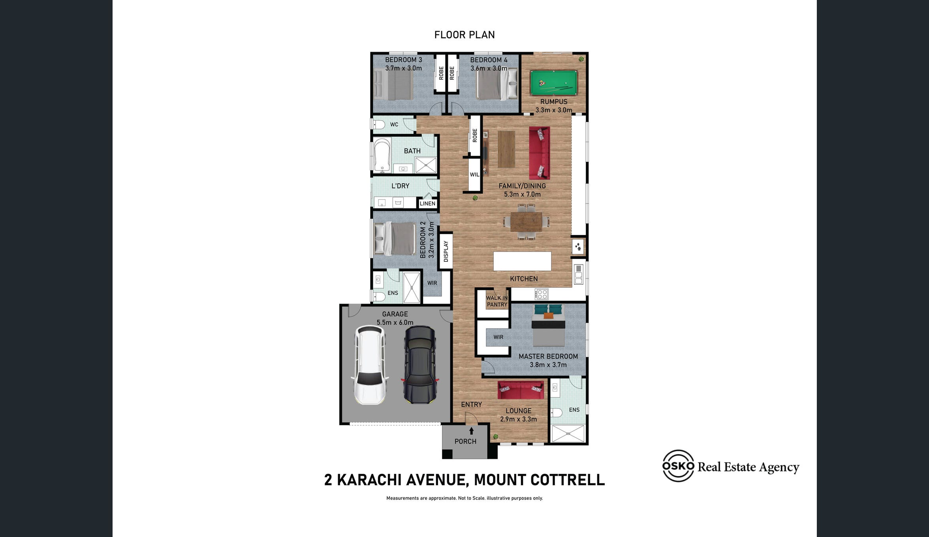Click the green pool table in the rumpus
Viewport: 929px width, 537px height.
click(x=553, y=83)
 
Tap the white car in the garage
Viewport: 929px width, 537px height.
click(x=370, y=365)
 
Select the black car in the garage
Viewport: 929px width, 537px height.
click(x=419, y=365)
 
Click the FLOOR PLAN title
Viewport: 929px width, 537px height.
click(x=464, y=35)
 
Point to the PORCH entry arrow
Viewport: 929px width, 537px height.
click(x=471, y=431)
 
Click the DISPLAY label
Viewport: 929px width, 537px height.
click(x=446, y=251)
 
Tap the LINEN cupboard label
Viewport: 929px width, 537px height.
click(x=427, y=203)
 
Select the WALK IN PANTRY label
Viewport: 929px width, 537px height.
click(x=497, y=301)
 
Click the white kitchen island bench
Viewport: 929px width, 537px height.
click(x=522, y=261)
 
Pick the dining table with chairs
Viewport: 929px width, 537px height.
click(x=526, y=222)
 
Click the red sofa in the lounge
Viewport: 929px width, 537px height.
click(x=520, y=390)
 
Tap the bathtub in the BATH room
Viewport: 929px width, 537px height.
click(x=382, y=156)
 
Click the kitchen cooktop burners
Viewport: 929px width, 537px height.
click(x=541, y=294)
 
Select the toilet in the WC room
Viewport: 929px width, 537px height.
click(x=378, y=125)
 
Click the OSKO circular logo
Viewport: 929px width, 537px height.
click(x=678, y=466)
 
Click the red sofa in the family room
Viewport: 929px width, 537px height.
click(x=540, y=153)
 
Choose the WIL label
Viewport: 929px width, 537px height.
click(x=474, y=175)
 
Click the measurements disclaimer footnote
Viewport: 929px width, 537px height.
click(x=464, y=498)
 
